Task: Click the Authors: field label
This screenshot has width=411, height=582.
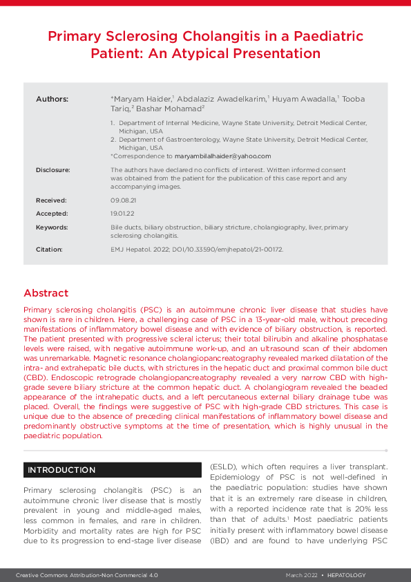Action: tap(52, 100)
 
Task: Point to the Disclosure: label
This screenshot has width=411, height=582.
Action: tap(53, 169)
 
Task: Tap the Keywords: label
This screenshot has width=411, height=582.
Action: tap(52, 227)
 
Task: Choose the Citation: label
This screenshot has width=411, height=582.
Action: tap(49, 249)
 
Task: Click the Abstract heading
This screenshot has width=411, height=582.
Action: tap(46, 293)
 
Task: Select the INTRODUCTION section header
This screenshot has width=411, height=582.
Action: tap(61, 470)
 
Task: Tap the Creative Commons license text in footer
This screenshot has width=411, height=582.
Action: tap(88, 575)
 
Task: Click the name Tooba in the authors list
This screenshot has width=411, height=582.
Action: tap(353, 100)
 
